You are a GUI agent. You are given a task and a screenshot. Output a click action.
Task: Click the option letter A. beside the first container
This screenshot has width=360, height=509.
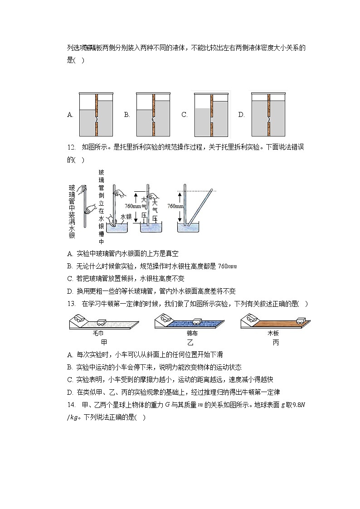click(x=70, y=115)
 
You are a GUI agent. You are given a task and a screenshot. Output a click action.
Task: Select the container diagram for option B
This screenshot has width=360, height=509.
click(x=153, y=115)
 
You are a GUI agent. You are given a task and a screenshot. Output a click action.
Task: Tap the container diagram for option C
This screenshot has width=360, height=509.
click(x=211, y=115)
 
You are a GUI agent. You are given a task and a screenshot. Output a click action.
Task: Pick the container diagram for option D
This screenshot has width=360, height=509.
click(x=268, y=115)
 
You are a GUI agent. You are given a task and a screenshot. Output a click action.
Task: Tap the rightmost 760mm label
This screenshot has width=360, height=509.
click(x=175, y=206)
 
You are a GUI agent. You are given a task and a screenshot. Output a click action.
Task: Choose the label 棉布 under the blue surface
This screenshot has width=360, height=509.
click(x=191, y=333)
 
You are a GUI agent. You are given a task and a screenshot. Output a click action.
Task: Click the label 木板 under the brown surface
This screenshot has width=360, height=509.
click(x=273, y=333)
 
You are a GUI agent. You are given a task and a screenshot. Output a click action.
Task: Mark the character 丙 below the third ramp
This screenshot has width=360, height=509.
click(x=276, y=343)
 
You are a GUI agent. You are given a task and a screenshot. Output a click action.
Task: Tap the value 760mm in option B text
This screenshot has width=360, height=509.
click(x=227, y=267)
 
